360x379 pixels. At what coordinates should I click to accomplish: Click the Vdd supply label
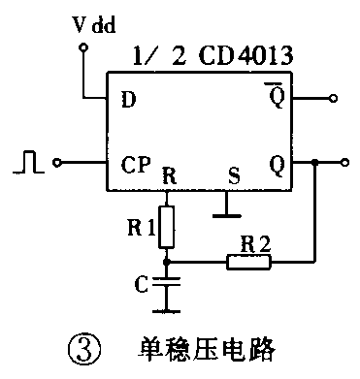coord(93,22)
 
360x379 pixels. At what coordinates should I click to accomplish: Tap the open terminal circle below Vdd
coord(83,47)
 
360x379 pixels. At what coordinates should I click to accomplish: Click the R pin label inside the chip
coord(169,177)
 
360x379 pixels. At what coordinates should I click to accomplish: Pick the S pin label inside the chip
coord(232,177)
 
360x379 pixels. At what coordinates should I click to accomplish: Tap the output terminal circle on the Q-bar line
coord(334,98)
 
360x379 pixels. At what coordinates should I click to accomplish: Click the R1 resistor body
coord(169,225)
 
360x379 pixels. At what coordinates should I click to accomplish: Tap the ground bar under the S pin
coord(226,205)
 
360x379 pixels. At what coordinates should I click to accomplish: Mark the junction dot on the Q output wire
coord(315,162)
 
